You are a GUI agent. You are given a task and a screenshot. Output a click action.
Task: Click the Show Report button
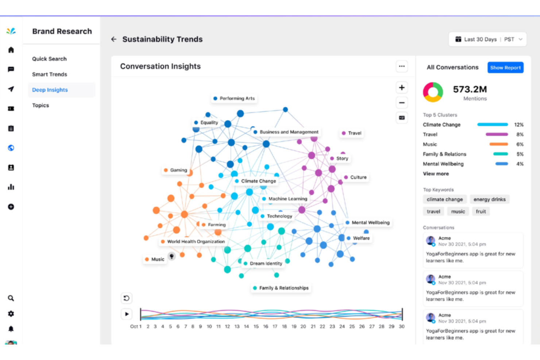[505, 67]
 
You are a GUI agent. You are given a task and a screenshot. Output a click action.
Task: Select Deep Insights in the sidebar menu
[50, 90]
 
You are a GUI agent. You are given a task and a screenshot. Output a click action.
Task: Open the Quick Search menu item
[49, 59]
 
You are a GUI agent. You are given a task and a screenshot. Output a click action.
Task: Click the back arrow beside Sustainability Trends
[114, 39]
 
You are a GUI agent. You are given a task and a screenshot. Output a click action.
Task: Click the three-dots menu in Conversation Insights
[402, 66]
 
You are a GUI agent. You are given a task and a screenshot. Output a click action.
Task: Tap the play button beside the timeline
[127, 314]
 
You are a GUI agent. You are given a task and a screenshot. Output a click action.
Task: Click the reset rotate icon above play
[126, 298]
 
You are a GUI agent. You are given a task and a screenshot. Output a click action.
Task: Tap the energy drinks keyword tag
[489, 200]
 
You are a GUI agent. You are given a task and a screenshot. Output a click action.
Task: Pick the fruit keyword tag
[481, 212]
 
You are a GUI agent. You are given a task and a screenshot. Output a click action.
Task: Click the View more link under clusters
[436, 174]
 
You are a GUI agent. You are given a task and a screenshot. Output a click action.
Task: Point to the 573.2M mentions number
[470, 89]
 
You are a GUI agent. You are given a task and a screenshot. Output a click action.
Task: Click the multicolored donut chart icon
[433, 92]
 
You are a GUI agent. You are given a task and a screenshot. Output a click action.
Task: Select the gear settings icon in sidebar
[11, 314]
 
